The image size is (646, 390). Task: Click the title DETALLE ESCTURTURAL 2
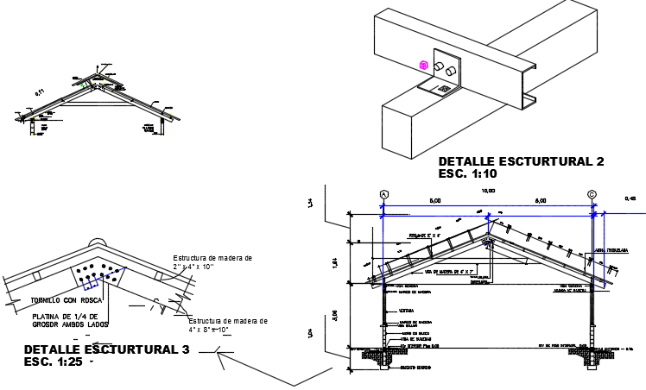point(521,161)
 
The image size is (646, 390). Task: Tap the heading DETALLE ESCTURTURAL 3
point(106,349)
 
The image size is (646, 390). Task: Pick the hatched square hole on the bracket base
point(444,88)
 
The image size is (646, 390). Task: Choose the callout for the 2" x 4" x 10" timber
point(212,262)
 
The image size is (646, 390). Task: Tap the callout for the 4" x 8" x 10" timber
point(228,325)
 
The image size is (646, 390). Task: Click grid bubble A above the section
point(383,195)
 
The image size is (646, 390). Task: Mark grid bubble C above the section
point(592,195)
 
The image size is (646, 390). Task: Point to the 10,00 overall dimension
point(489,190)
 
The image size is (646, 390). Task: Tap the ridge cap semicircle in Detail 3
point(97,244)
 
